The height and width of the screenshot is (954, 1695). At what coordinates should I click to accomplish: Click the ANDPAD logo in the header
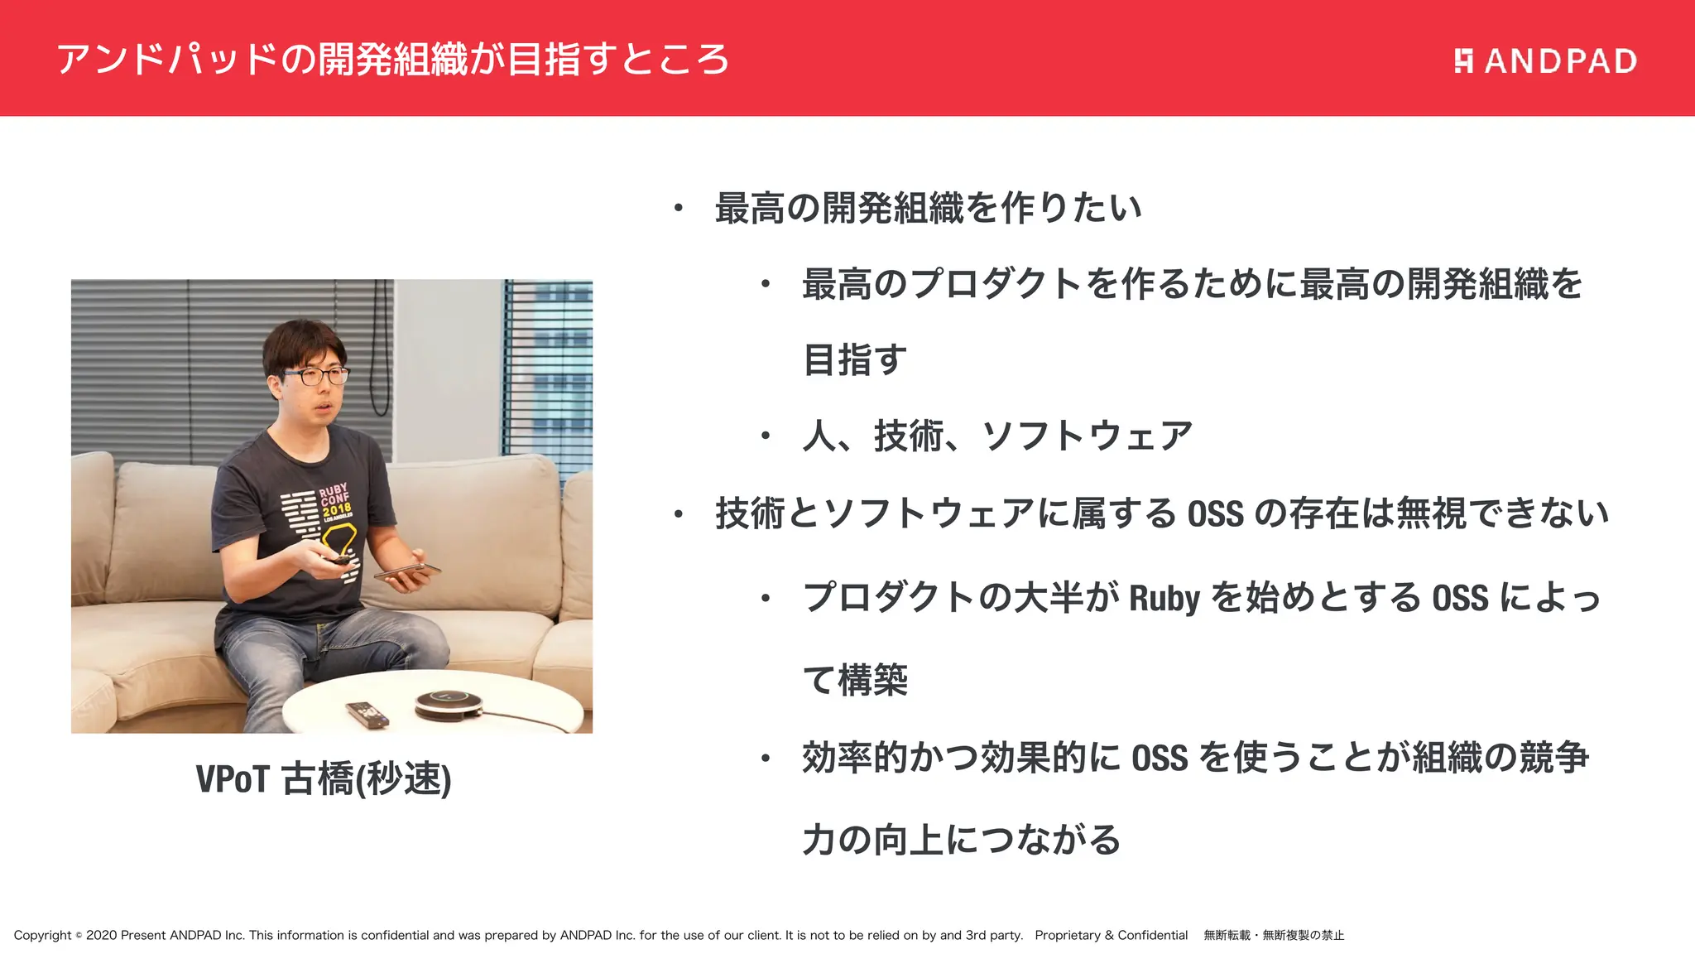tap(1545, 60)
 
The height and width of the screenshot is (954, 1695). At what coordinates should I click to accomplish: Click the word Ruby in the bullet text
tap(1164, 598)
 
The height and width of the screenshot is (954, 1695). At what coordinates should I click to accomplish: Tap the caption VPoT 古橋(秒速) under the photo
tap(324, 778)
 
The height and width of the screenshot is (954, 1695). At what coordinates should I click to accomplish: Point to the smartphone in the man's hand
tap(406, 571)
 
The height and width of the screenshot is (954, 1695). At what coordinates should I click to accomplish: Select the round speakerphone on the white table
tap(448, 704)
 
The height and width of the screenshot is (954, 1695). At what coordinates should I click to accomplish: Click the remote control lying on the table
tap(367, 714)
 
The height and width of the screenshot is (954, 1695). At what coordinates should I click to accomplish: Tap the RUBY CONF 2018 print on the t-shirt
tap(334, 500)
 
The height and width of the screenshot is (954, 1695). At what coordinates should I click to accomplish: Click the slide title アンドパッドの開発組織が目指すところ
tap(392, 60)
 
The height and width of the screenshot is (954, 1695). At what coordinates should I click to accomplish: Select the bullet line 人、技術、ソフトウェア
tap(996, 436)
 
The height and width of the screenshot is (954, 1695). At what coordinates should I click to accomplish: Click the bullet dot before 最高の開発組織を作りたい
tap(678, 208)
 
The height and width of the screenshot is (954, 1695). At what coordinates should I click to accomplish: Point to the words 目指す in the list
tap(855, 360)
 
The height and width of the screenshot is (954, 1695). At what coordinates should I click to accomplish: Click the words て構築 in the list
tap(855, 680)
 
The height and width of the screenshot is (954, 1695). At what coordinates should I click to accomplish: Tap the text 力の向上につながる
tap(961, 840)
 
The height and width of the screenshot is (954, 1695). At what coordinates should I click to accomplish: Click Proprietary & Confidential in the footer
tap(1111, 935)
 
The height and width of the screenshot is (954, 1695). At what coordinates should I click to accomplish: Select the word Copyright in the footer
tap(43, 935)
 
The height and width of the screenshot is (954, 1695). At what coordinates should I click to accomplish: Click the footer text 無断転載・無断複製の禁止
tap(1274, 935)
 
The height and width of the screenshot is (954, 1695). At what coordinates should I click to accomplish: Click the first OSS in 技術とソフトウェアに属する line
tap(1215, 514)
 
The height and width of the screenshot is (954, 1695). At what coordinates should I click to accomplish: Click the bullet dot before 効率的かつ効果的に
tap(766, 758)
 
